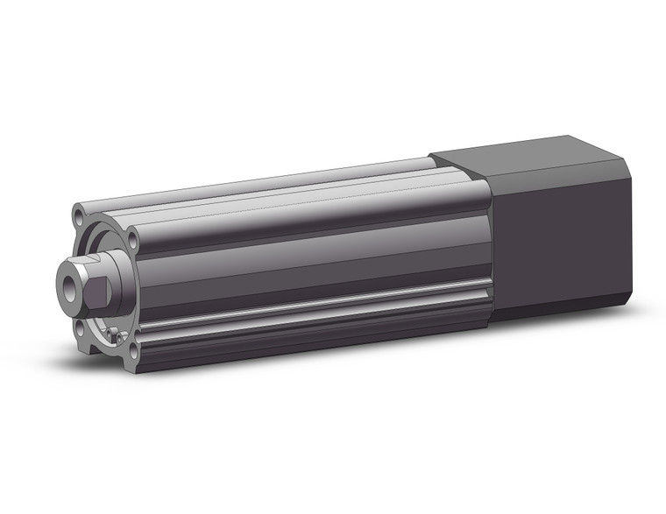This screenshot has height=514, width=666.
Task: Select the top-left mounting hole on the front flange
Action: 80,213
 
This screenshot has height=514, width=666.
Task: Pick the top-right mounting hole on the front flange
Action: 132,238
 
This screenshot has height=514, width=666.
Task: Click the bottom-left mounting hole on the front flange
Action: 80,328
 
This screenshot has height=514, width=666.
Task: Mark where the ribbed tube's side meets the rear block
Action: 489,254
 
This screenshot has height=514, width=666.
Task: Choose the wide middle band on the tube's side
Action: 307,263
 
